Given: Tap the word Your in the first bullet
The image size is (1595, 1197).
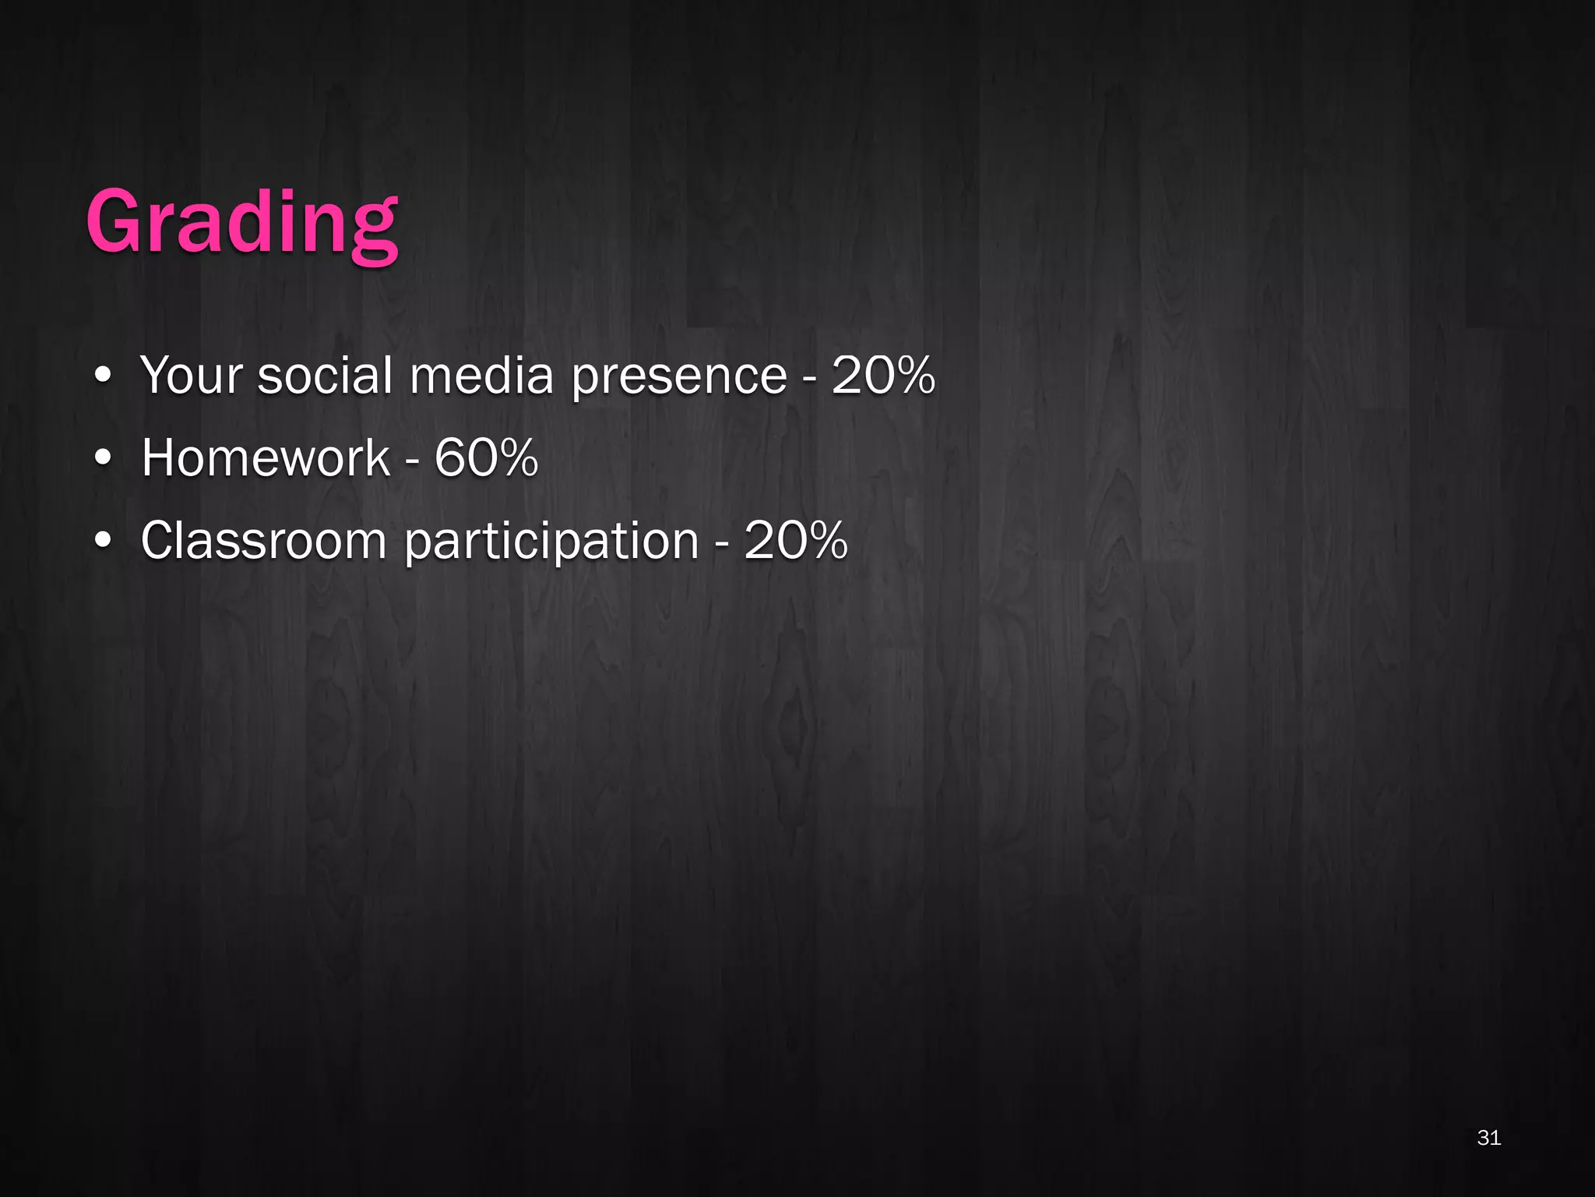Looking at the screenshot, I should pos(192,376).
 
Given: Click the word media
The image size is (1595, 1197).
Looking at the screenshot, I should pos(481,376).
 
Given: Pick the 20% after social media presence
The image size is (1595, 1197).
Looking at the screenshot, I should pos(883,376).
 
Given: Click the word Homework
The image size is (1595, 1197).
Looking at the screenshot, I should pos(266,457).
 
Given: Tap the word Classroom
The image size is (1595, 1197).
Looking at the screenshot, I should pos(263,540).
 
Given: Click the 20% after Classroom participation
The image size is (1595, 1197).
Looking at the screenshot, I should pos(795,540).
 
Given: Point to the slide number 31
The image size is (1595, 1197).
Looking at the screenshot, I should pos(1488,1138).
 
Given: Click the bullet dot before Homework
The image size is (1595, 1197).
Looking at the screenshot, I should pos(103,459).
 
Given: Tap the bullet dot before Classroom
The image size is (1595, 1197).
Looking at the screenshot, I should pos(103,542).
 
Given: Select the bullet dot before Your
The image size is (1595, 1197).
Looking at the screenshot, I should pos(103,377).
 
